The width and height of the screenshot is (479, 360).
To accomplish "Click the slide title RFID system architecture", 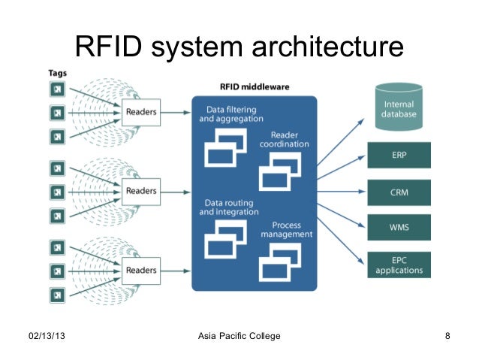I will (239, 49).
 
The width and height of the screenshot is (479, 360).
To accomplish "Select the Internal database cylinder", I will (399, 107).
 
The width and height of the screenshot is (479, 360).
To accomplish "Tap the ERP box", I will (399, 156).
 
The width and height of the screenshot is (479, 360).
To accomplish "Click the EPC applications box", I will (399, 265).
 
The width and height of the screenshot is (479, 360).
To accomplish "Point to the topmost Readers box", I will (140, 113).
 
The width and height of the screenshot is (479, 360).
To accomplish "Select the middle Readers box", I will (140, 191).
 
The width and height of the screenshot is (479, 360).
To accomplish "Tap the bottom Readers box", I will (140, 270).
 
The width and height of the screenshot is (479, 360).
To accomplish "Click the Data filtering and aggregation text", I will (230, 114).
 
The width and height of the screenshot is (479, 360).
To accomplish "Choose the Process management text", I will (286, 230).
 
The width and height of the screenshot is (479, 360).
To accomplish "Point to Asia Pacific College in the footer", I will (239, 335).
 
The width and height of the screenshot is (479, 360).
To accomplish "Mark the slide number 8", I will (447, 335).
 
